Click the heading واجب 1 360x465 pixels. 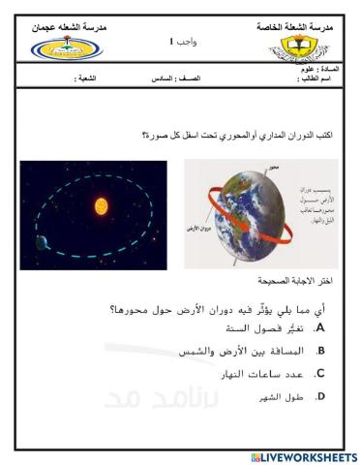pyautogui.click(x=180, y=42)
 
